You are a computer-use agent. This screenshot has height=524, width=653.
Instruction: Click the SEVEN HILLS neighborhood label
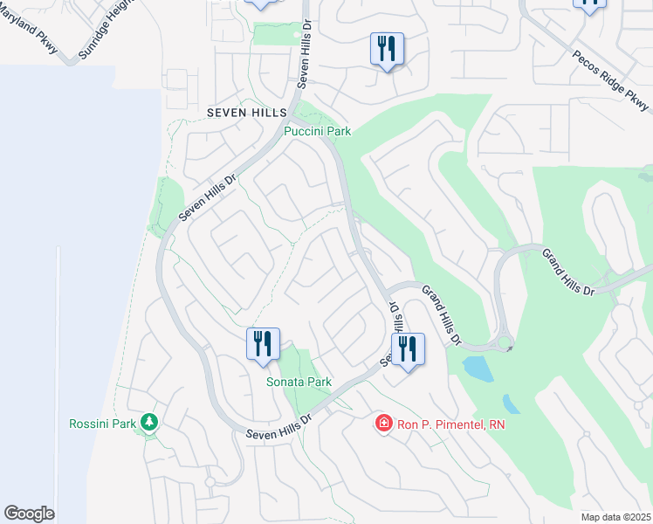click(234, 114)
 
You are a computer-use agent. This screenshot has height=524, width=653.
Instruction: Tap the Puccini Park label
click(317, 132)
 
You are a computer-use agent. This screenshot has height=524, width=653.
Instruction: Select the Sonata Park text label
click(299, 383)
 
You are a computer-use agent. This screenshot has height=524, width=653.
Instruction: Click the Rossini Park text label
click(103, 424)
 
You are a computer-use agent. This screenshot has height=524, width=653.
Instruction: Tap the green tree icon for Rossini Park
click(149, 424)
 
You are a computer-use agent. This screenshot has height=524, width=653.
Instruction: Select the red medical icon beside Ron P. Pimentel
click(383, 424)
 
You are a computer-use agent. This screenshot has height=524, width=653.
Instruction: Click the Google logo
click(29, 514)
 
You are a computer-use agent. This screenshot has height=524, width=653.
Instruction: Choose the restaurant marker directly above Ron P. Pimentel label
click(408, 348)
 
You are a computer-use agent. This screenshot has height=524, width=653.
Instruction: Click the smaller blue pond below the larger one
click(511, 403)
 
